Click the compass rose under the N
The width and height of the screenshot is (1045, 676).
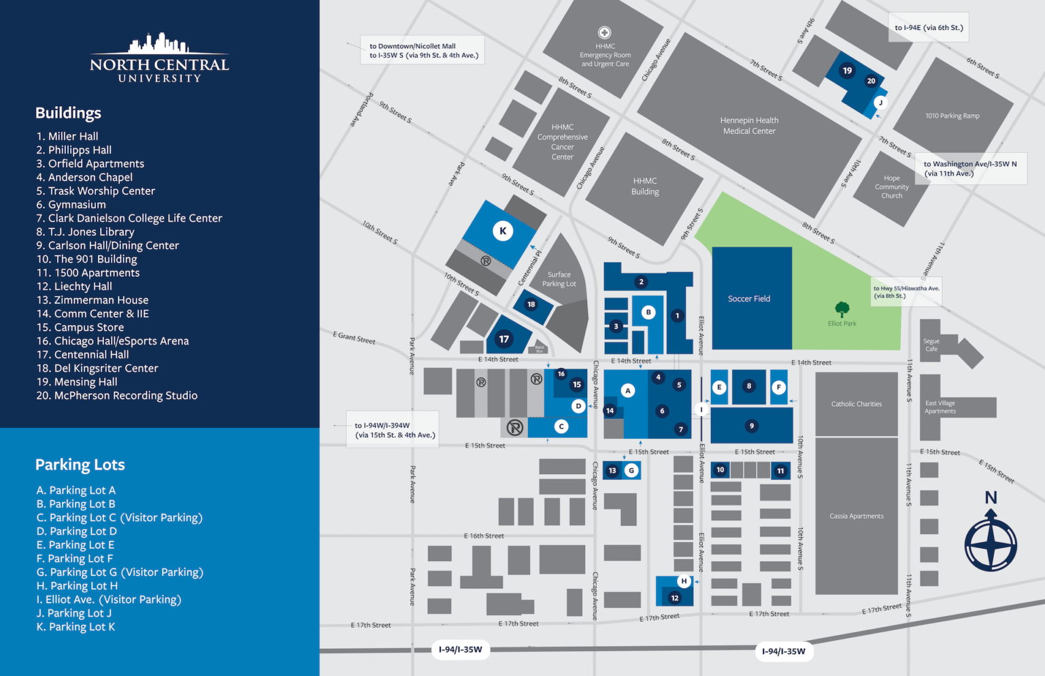tap(991, 545)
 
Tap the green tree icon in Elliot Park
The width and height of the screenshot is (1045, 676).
tap(842, 309)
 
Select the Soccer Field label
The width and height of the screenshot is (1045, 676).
tap(749, 299)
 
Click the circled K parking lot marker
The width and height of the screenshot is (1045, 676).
tap(503, 231)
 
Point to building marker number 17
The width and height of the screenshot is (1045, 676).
tap(503, 339)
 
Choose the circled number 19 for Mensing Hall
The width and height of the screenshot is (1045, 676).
tap(847, 70)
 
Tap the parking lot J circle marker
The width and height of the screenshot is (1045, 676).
tap(880, 103)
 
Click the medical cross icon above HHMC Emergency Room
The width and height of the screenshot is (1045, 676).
tap(604, 33)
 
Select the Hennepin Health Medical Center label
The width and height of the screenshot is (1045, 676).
tap(749, 126)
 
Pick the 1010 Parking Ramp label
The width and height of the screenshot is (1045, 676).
tap(952, 116)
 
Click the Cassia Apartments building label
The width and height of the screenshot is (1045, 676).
tap(856, 516)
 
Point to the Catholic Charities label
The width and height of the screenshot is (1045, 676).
tap(856, 404)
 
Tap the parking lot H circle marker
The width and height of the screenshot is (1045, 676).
tap(684, 581)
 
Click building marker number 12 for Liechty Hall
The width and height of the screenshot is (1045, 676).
tap(674, 598)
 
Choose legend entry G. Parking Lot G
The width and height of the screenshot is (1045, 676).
tap(120, 572)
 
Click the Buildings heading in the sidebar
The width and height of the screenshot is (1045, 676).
tap(68, 113)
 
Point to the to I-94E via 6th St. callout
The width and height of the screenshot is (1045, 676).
tap(929, 28)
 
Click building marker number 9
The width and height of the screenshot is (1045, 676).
tap(751, 426)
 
